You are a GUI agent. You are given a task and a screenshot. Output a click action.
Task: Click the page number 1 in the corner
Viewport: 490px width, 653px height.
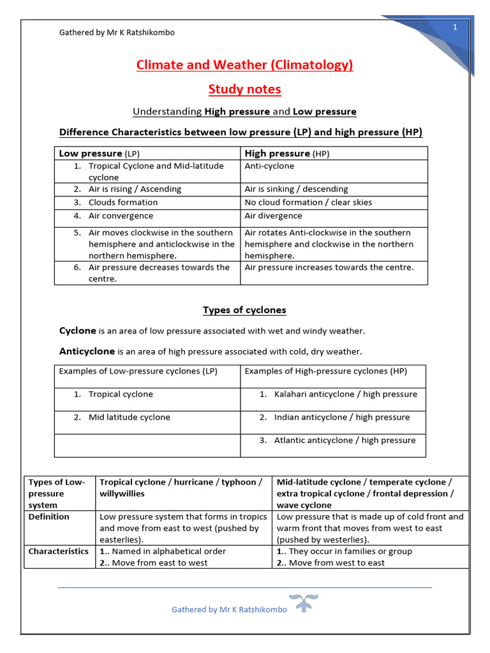tap(456, 27)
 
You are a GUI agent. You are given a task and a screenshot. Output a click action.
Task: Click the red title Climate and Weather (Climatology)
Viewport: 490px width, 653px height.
tap(244, 65)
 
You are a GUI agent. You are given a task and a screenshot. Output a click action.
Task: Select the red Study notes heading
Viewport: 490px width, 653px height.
tap(244, 89)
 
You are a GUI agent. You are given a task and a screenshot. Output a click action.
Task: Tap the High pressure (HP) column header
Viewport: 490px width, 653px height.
tap(287, 154)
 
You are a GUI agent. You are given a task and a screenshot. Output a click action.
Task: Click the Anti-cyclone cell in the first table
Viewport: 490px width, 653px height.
tap(269, 166)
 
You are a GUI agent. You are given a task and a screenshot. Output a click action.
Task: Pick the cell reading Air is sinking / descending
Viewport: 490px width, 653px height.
tap(296, 189)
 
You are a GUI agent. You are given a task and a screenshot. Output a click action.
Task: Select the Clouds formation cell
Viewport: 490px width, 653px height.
tap(122, 202)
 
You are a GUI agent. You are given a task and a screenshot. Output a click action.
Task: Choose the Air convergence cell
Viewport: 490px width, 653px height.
tap(121, 216)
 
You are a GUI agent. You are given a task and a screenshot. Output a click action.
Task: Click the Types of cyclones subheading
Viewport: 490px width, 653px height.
tap(244, 310)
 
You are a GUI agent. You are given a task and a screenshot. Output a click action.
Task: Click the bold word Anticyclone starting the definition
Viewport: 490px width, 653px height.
tap(87, 351)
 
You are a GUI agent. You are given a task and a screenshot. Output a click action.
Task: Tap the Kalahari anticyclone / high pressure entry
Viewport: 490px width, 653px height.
tap(345, 394)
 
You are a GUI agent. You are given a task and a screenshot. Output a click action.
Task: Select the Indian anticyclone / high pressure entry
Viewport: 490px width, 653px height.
tap(342, 417)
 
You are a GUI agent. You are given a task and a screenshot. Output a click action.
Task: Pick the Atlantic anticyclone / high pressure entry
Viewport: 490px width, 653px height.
tap(345, 440)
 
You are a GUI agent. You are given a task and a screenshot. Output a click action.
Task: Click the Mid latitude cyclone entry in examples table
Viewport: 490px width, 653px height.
tap(129, 417)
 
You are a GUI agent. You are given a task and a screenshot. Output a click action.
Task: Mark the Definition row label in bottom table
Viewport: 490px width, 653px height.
tap(49, 517)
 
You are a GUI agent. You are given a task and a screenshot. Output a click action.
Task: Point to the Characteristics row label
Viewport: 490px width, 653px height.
tap(59, 551)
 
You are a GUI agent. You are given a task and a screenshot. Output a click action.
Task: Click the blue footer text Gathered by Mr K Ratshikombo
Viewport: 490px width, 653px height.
tap(229, 609)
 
